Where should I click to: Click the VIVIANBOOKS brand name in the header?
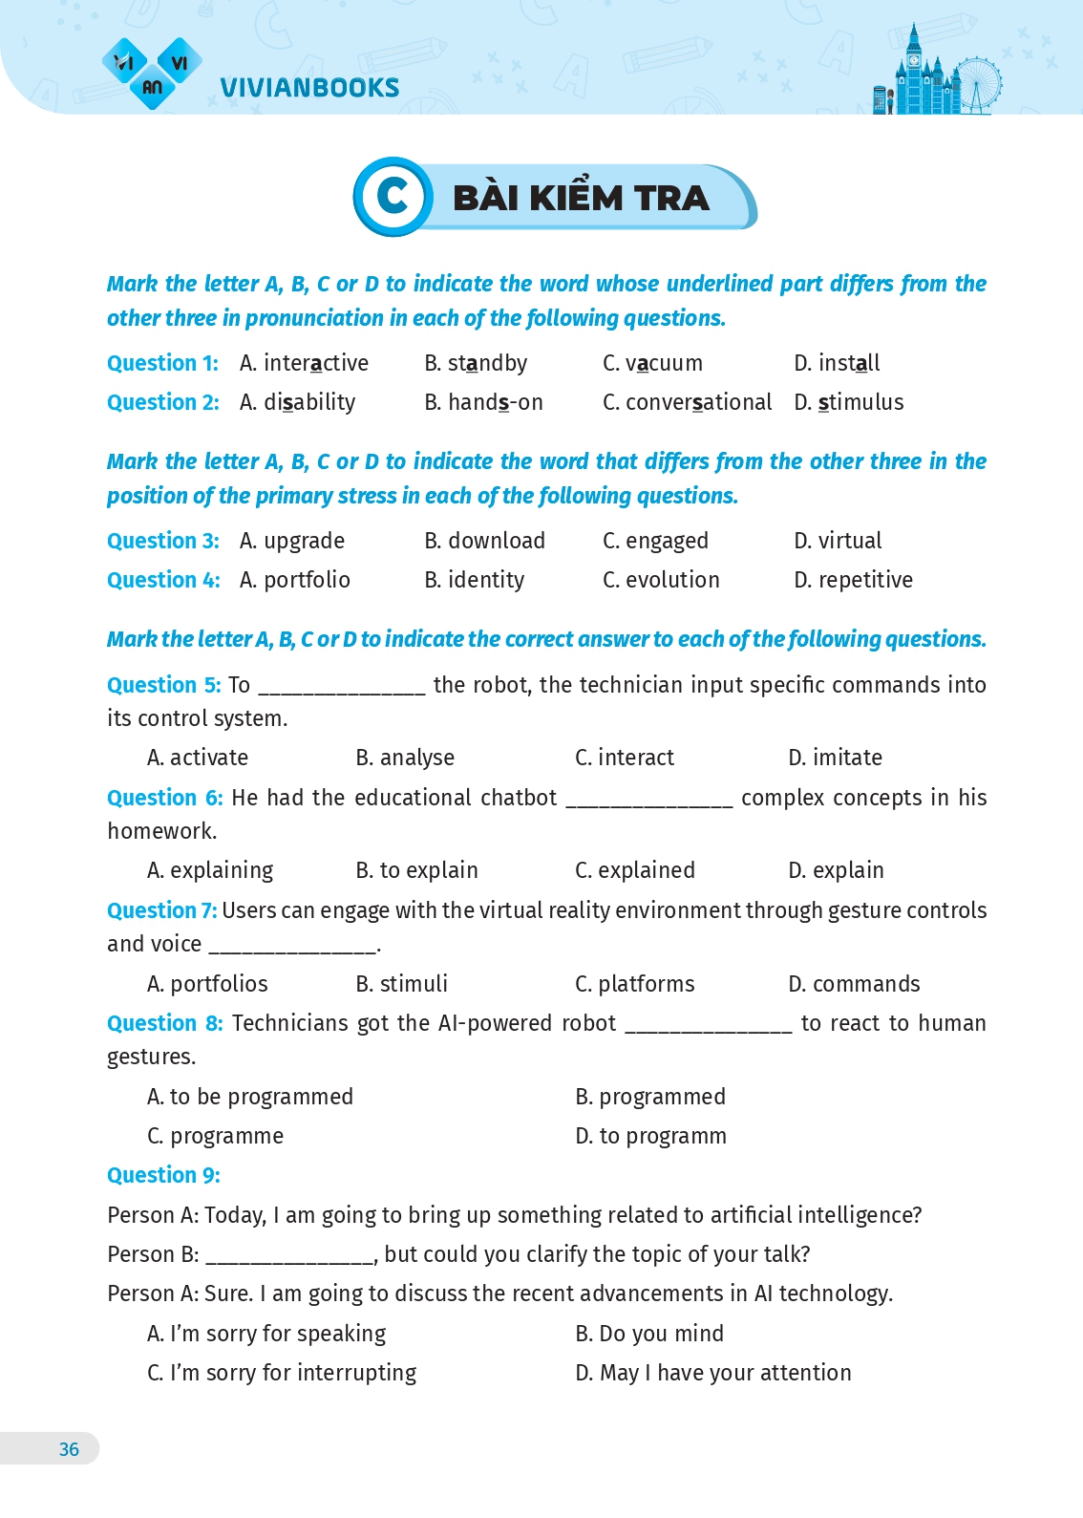point(309,87)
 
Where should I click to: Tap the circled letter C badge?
point(393,197)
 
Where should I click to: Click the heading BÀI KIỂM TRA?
point(581,198)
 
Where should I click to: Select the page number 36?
point(69,1449)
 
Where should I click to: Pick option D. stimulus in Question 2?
point(848,402)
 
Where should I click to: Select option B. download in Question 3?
point(484,541)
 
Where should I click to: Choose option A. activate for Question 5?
point(198,758)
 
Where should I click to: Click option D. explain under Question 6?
point(836,870)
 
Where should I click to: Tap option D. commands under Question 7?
point(854,984)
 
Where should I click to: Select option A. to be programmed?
point(250,1097)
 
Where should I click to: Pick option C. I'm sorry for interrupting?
point(282,1373)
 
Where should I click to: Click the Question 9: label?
point(163,1175)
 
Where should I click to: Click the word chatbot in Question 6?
point(518,798)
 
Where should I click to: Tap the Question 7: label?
point(161,910)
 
